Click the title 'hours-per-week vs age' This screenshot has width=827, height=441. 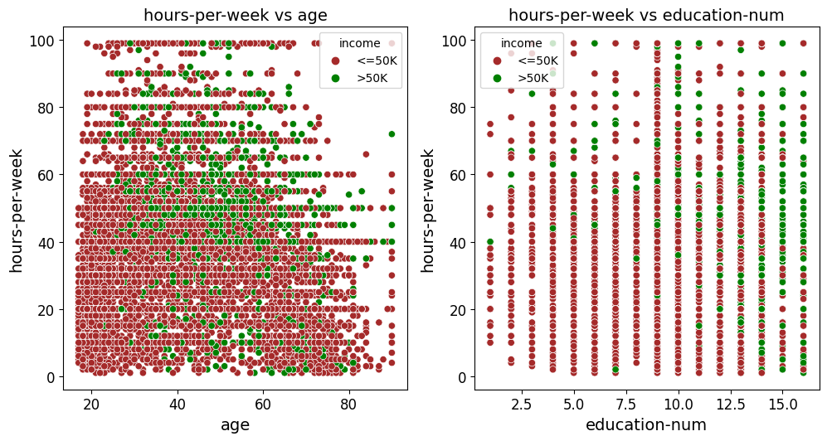(235, 15)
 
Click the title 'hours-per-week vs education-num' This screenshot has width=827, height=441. (646, 15)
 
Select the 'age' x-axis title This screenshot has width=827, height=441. (235, 425)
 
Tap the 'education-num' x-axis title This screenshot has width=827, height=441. (646, 425)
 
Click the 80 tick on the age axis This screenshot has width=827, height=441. (349, 404)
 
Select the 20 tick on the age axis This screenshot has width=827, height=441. (91, 404)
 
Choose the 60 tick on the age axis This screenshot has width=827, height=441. (263, 404)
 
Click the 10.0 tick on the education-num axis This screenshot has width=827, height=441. (678, 404)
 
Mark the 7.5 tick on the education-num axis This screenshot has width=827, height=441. (625, 404)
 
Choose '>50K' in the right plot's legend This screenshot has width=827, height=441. (533, 79)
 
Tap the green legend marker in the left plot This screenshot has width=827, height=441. (336, 80)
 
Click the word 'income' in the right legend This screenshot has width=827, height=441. (522, 43)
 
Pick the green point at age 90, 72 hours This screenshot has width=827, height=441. (392, 133)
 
